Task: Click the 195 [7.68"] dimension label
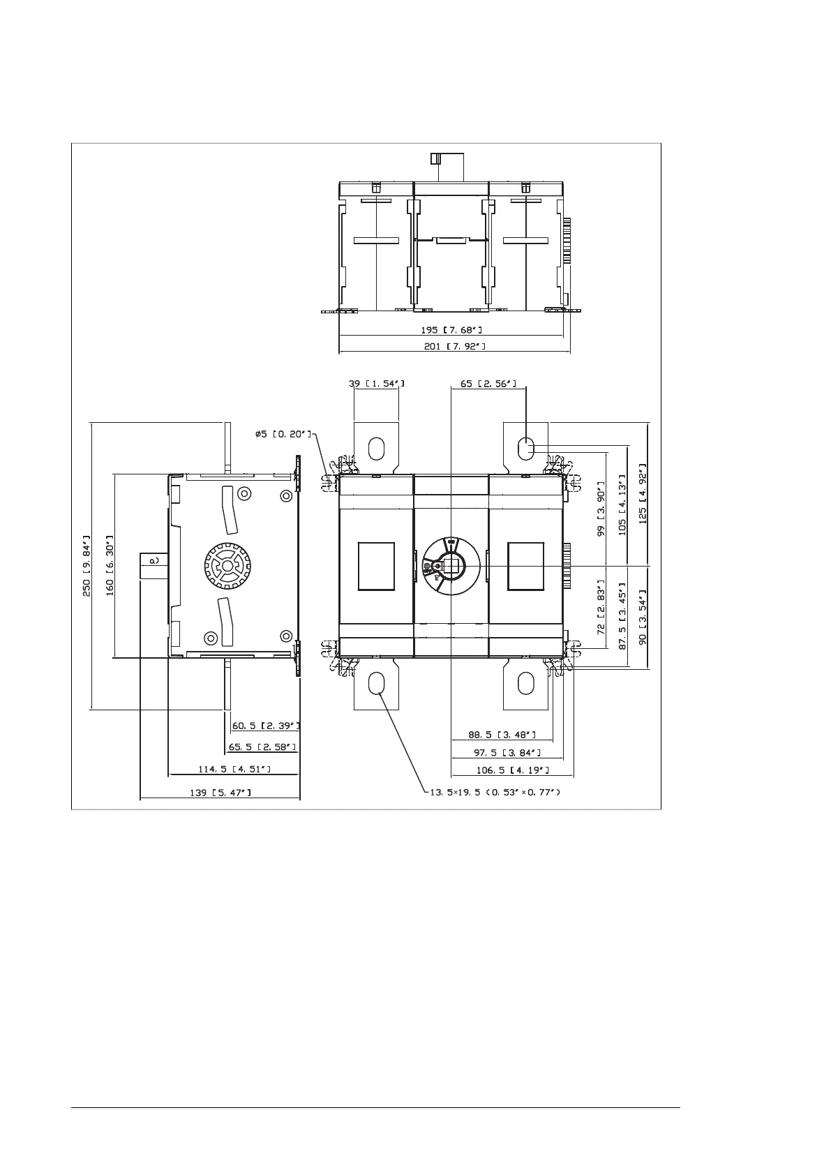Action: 451,330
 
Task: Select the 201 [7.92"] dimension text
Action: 454,346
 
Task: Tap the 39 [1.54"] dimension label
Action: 377,384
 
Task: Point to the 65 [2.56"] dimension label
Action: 488,384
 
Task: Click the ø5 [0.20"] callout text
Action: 283,434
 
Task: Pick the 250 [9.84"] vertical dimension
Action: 87,565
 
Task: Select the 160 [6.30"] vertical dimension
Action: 110,565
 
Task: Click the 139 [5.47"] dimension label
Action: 220,793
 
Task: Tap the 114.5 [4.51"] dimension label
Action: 234,769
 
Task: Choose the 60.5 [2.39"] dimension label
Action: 266,726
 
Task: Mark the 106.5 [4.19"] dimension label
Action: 513,770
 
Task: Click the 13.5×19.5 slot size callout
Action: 495,792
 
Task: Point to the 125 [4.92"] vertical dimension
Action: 643,493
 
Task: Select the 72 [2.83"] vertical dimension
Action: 601,607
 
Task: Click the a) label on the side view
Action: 154,561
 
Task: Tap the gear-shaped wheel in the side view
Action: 227,565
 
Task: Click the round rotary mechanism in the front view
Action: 451,565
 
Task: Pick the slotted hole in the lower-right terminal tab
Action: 525,683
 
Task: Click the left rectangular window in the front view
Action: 376,566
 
